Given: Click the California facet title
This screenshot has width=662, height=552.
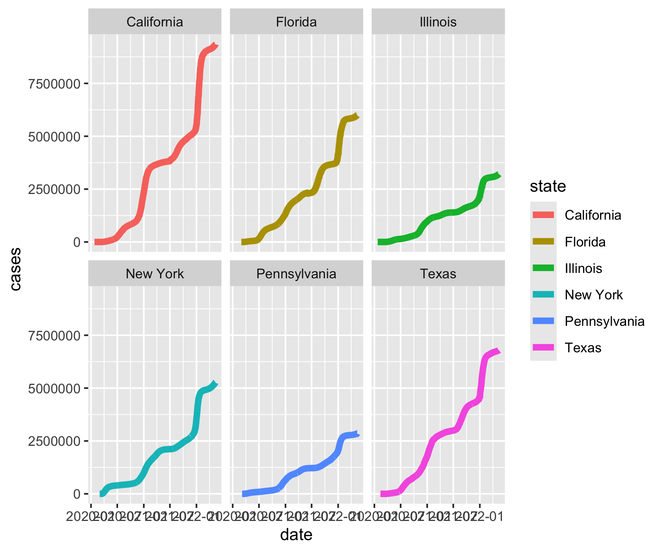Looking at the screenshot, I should click(155, 22).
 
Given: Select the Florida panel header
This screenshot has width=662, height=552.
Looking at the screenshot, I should click(296, 22).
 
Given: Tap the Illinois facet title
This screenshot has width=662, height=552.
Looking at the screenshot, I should click(438, 22).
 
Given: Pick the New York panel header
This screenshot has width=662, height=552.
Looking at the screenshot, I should click(155, 274).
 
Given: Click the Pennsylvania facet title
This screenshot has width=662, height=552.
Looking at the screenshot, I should click(296, 274).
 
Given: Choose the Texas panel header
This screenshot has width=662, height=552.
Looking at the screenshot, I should click(438, 274).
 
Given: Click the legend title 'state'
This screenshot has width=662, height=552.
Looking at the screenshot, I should click(548, 186).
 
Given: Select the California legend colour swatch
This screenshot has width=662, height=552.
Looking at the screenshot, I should click(543, 215).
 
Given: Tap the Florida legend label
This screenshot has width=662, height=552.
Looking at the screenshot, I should click(585, 242).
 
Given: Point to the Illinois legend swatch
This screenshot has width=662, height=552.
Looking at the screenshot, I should click(543, 268).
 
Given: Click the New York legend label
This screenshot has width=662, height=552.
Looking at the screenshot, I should click(593, 295).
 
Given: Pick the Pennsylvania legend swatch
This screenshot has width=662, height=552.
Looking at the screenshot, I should click(543, 321).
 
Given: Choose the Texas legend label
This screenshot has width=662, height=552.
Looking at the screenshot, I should click(583, 348).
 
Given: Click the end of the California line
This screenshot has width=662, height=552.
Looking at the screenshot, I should click(216, 46).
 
